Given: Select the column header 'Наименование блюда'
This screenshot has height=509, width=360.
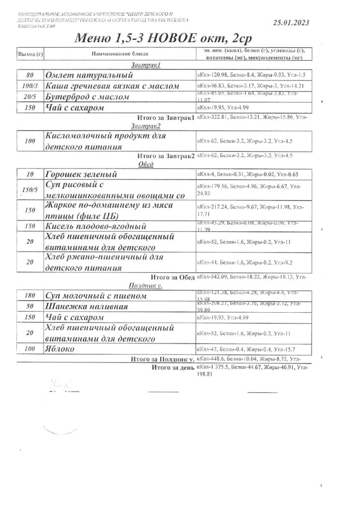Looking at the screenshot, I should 118,54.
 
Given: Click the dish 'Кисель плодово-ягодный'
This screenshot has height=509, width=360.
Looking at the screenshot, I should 97,226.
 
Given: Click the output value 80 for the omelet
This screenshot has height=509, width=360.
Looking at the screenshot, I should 29,75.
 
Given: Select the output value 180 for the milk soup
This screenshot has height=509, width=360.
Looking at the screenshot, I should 29,296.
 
